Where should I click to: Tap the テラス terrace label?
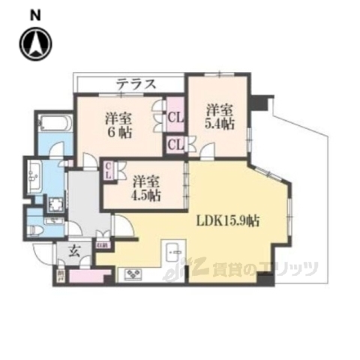[x=136, y=84]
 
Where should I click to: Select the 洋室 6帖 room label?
[x=120, y=124]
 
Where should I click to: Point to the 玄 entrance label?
[x=76, y=253]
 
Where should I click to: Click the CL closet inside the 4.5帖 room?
[x=109, y=170]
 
